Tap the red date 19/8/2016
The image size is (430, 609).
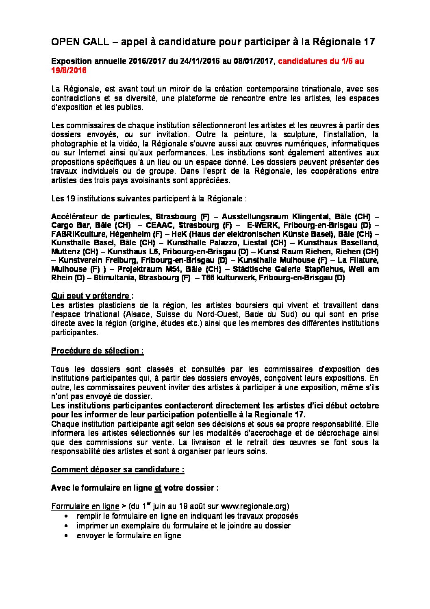pos(69,70)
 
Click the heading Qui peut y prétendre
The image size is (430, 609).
pos(90,296)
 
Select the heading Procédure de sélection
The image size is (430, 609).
pos(97,351)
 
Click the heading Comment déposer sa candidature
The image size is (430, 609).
pos(117,469)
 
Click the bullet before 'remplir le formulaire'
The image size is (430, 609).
pos(66,516)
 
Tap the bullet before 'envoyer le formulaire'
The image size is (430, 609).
pos(66,535)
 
